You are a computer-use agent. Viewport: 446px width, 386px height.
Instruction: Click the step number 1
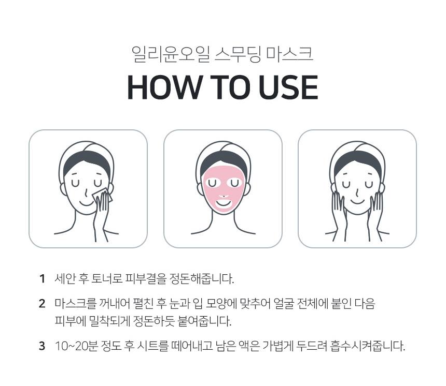coord(42,279)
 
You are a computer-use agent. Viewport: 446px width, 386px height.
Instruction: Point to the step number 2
coord(42,303)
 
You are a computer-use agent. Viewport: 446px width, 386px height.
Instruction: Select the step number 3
coord(42,346)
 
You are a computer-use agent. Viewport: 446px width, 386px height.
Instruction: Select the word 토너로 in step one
coord(106,279)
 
